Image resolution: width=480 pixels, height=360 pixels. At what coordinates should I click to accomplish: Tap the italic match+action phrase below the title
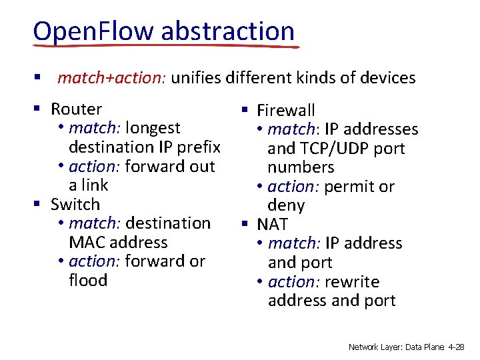coord(112,78)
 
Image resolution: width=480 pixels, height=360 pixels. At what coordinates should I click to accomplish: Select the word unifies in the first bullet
coord(196,78)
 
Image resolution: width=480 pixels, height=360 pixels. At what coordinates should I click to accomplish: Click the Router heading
coord(76,109)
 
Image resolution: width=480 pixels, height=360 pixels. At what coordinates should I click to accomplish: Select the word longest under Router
coord(153,127)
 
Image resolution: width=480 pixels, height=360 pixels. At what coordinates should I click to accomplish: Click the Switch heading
coord(75,204)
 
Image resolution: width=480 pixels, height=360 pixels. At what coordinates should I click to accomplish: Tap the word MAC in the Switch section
coord(85,242)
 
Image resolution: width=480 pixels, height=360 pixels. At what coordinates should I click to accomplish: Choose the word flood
coord(87,280)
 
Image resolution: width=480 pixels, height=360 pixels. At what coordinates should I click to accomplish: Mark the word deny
coord(286,205)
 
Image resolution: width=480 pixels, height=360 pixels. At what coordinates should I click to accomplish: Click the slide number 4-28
coord(457,347)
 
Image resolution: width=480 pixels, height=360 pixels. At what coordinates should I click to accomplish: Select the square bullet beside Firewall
coord(245,110)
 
